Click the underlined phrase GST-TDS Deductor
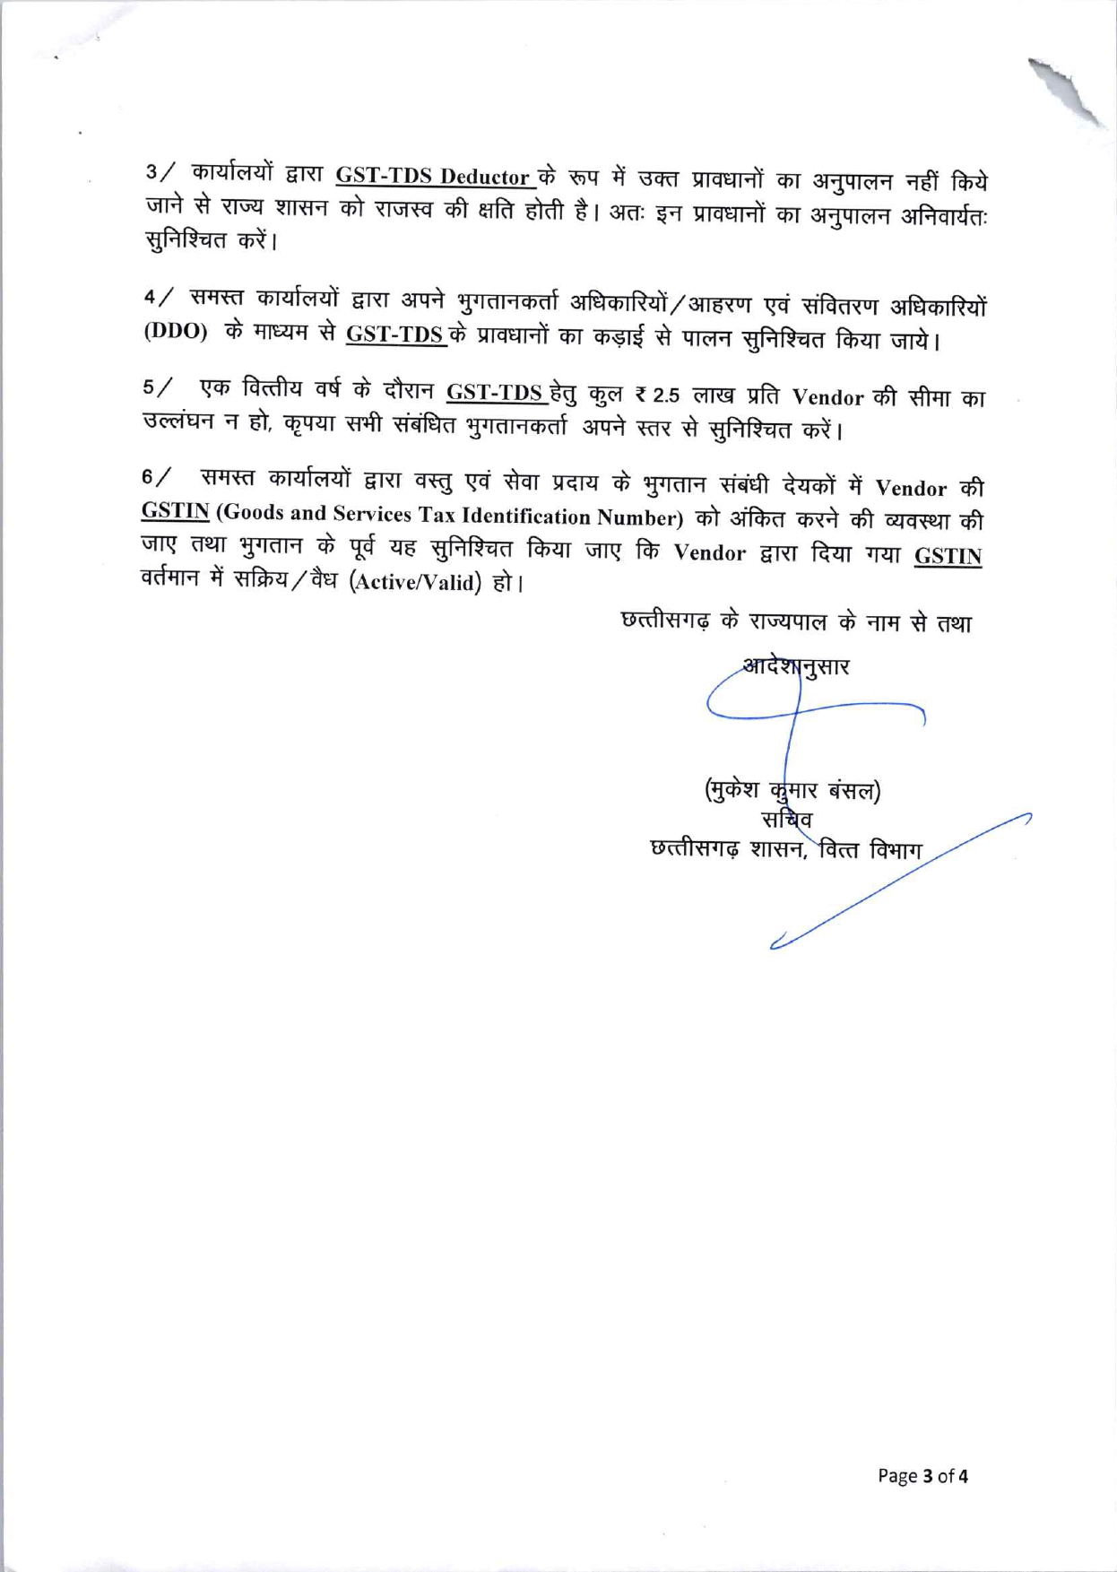(435, 176)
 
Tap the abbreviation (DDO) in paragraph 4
(176, 330)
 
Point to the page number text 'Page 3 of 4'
(922, 1476)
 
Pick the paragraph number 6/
(158, 476)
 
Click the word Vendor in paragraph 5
(827, 397)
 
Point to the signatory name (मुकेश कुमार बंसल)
(792, 790)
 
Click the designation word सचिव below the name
(786, 819)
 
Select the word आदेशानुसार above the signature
(796, 666)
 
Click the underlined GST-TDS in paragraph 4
(395, 334)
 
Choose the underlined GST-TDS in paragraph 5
(496, 392)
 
